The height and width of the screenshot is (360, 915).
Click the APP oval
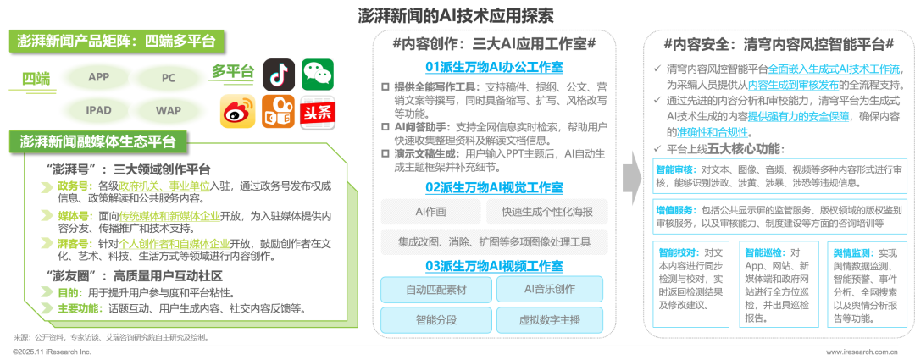[98, 77]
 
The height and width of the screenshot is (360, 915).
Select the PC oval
[168, 77]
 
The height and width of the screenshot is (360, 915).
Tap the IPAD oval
[98, 110]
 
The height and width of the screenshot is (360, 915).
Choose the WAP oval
[168, 110]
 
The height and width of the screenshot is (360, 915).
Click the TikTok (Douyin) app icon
[277, 74]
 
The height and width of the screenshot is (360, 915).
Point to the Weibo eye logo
[237, 111]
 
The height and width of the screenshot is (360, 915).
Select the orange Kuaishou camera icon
[277, 111]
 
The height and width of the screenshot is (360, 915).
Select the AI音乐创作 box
[548, 290]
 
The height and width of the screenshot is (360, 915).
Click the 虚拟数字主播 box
[548, 319]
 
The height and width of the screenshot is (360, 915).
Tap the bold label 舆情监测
[852, 252]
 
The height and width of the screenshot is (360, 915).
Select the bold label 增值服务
[674, 209]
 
